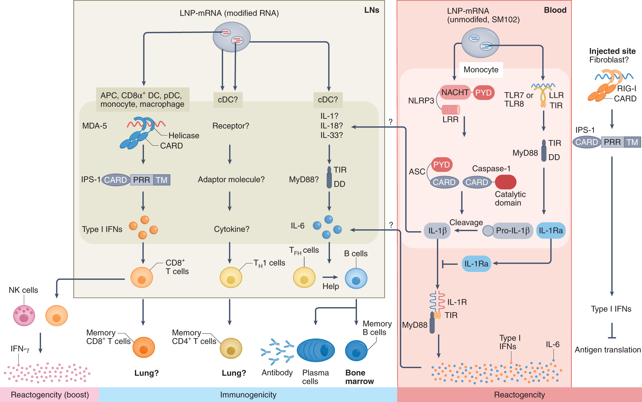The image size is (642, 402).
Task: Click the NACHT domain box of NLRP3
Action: (455, 92)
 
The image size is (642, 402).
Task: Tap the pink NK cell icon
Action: (24, 315)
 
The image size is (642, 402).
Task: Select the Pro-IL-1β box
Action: (512, 231)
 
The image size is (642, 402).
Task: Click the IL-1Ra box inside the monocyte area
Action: (551, 231)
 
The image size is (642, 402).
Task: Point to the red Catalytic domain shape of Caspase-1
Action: (506, 182)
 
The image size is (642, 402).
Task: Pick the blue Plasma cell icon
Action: (316, 350)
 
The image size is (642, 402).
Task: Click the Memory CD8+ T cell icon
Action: (144, 347)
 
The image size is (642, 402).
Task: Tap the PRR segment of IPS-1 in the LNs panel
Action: (141, 180)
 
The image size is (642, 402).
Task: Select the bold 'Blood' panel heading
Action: (555, 10)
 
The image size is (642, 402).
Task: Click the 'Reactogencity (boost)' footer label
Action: (50, 395)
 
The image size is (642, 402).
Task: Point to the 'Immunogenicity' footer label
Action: (248, 395)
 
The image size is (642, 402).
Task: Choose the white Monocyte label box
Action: (481, 70)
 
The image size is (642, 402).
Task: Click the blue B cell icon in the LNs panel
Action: (356, 279)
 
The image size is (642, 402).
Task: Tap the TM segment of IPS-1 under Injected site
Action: (632, 142)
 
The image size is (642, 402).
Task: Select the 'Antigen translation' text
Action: (608, 350)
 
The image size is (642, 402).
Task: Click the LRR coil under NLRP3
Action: (451, 110)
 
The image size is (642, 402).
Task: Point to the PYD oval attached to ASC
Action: (442, 165)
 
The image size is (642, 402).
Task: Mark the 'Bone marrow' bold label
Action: (359, 377)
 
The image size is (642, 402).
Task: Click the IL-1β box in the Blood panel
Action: (437, 231)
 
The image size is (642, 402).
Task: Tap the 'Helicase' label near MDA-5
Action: (184, 136)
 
